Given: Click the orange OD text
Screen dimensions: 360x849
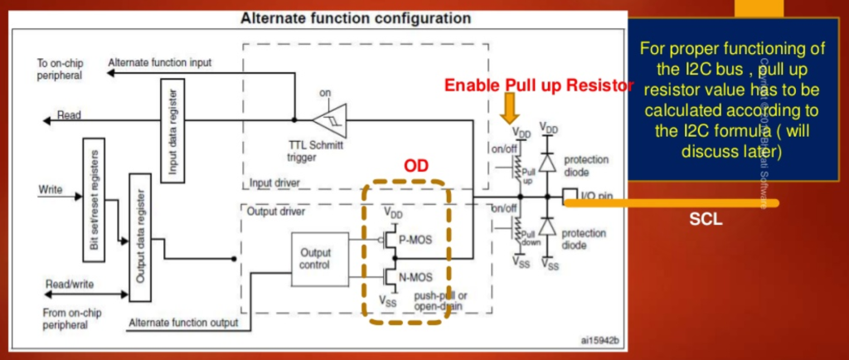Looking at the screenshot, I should [415, 168].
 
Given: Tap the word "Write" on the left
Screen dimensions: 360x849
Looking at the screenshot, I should [51, 190].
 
